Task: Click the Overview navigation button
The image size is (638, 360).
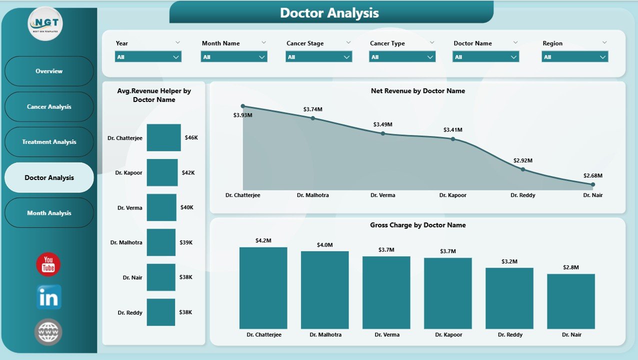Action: coord(49,71)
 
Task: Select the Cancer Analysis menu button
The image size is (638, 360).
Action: coord(49,106)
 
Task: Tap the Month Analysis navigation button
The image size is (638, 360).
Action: coord(49,213)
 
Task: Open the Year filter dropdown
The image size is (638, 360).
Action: coord(148,57)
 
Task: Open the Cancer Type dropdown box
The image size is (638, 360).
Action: coord(402,57)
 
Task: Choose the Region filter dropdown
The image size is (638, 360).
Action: coord(574,57)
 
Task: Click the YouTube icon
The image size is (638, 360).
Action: coord(48,264)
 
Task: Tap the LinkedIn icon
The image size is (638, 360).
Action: coord(49,297)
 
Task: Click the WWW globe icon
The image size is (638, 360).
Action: coord(48,331)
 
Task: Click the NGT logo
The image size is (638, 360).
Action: coord(45,23)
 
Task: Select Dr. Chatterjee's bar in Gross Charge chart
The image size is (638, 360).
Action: coord(263,287)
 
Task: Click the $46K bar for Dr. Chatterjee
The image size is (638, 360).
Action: coord(163,137)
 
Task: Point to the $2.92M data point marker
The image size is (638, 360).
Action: coord(523,169)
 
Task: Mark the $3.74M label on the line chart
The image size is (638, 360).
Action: coord(313,109)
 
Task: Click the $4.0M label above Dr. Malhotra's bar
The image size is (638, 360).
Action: coord(324,245)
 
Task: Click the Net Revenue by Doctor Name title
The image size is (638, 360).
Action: coord(417,91)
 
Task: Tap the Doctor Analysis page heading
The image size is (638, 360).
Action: coord(329,13)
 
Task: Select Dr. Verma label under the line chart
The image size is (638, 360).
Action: coord(382,195)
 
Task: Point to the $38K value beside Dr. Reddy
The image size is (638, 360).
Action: coord(185,312)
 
